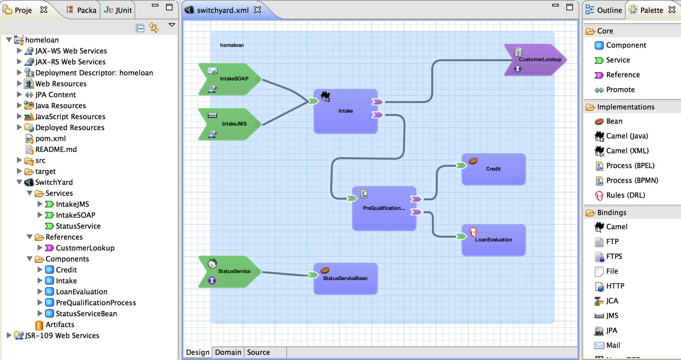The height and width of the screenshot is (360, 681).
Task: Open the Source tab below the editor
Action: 258,352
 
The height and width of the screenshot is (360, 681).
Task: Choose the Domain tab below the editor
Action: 228,352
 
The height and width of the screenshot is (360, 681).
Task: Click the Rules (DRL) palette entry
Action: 625,195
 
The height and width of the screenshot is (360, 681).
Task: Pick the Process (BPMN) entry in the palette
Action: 632,180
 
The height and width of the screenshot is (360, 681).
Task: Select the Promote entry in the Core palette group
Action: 620,90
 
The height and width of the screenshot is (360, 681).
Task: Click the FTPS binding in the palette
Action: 614,256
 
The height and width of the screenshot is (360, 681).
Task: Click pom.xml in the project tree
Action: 51,138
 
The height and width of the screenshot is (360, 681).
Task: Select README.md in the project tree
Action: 56,149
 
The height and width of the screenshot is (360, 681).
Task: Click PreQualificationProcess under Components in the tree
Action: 96,303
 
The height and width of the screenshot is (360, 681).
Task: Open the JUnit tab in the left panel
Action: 118,10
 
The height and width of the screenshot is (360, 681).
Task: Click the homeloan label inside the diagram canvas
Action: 232,45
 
